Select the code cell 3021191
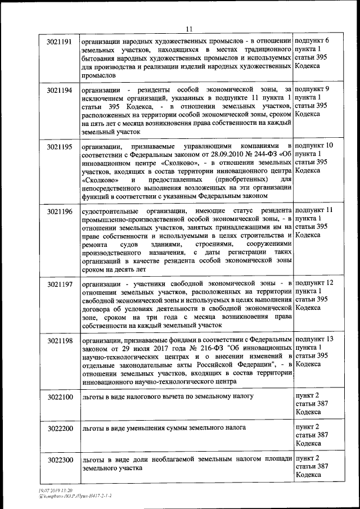[x=60, y=42]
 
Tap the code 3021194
[x=60, y=90]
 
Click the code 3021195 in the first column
[x=60, y=147]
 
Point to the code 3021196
[x=60, y=211]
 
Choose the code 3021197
[x=60, y=284]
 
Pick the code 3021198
[x=60, y=340]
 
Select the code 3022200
[x=60, y=429]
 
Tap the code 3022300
[x=60, y=461]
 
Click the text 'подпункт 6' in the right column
[x=312, y=41]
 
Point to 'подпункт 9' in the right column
[x=312, y=89]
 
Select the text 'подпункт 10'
[x=313, y=146]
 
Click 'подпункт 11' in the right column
[x=314, y=210]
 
